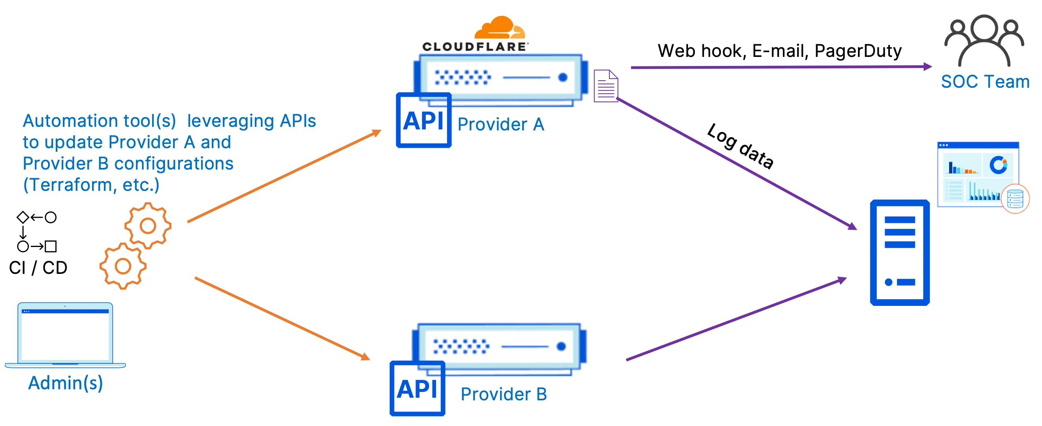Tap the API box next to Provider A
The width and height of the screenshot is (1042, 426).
[x=423, y=120]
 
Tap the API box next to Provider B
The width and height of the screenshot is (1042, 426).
[x=417, y=388]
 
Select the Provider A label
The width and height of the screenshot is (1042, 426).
[x=500, y=124]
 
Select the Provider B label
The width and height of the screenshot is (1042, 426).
[x=504, y=394]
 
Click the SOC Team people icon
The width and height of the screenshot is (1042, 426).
[x=984, y=40]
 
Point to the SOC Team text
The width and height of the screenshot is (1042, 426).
[x=985, y=82]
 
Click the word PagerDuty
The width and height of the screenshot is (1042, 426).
[x=858, y=51]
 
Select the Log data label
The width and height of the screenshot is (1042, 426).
[x=740, y=146]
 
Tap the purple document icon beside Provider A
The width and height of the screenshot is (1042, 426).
[x=606, y=86]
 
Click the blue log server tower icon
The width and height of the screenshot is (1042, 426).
[x=900, y=253]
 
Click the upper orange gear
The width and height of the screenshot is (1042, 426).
[x=148, y=225]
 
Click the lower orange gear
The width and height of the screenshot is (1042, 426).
[x=123, y=266]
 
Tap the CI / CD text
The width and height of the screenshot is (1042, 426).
[x=38, y=268]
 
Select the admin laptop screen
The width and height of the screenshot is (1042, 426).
[x=65, y=335]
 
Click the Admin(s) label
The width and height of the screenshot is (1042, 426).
[x=66, y=383]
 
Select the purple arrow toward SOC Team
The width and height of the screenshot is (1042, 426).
[x=781, y=67]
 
